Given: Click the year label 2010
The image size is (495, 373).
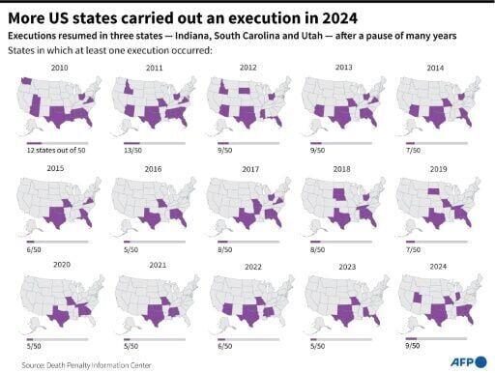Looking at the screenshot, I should point(60,69).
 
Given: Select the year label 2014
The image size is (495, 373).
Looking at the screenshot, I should point(437,69).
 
